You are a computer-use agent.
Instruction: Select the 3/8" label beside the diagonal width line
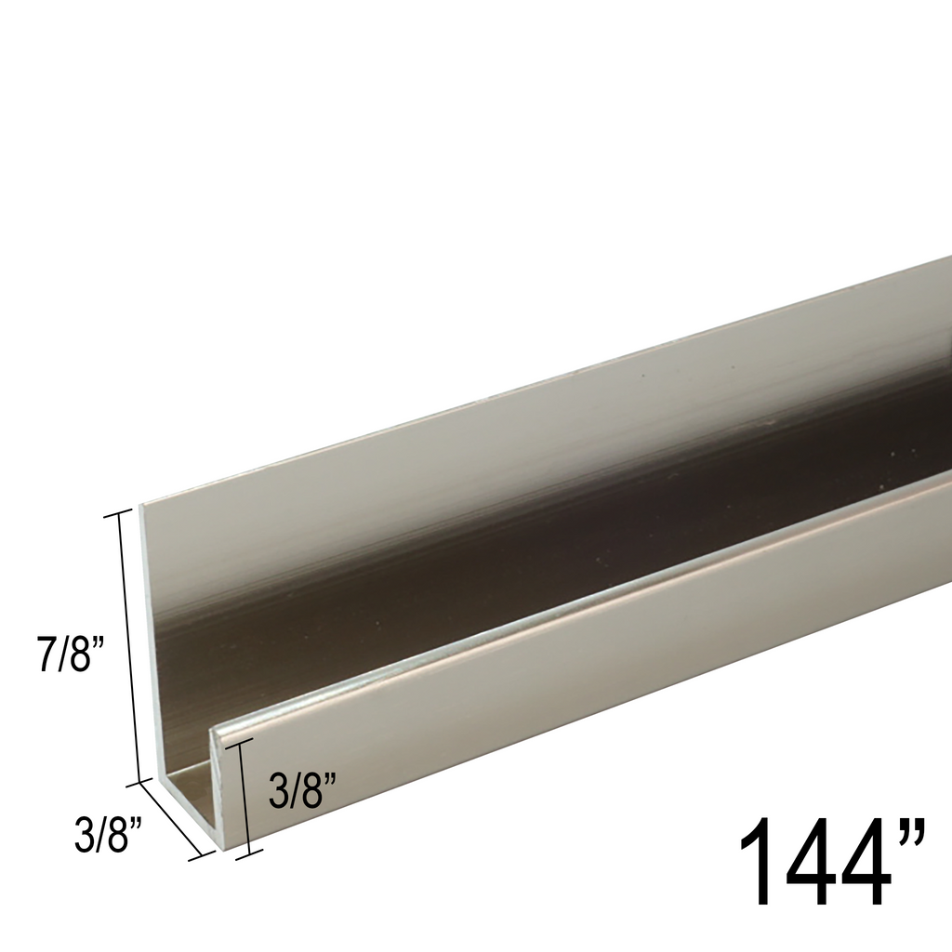108,833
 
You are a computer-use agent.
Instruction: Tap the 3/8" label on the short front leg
301,792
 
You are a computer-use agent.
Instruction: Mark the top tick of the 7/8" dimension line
120,513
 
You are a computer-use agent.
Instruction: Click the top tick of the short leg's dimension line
239,741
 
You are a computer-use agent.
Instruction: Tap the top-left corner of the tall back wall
141,506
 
